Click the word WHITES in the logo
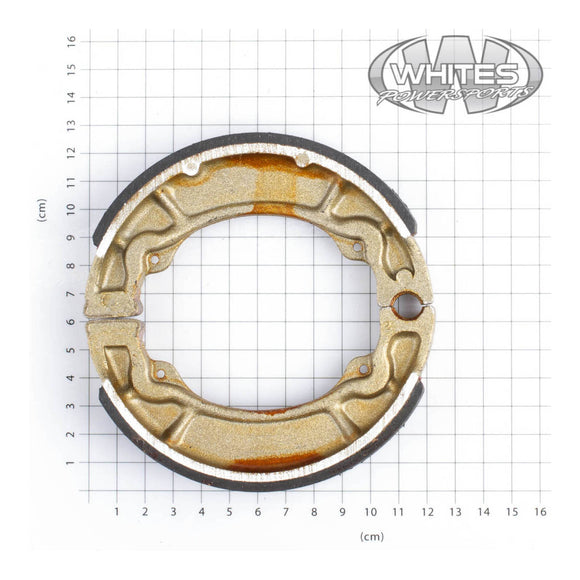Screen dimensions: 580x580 coord(456,74)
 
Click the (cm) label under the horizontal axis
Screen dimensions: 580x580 coord(372,536)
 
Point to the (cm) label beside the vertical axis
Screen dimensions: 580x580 coord(43,210)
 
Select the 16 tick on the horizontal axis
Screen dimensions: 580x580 coord(540,512)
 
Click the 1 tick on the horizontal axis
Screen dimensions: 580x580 coord(116,512)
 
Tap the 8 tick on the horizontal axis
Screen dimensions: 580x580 coord(314,512)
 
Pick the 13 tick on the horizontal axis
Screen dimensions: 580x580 coord(455,512)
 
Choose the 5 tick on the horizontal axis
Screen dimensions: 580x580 coord(229,512)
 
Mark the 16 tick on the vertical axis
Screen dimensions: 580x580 coord(71,41)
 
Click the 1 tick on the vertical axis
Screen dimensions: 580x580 coord(71,463)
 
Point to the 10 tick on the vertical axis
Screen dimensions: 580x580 coord(71,210)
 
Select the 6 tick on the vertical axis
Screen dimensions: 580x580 coord(71,322)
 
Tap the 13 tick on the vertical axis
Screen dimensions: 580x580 coord(71,125)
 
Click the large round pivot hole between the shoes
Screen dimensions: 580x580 coord(406,306)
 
